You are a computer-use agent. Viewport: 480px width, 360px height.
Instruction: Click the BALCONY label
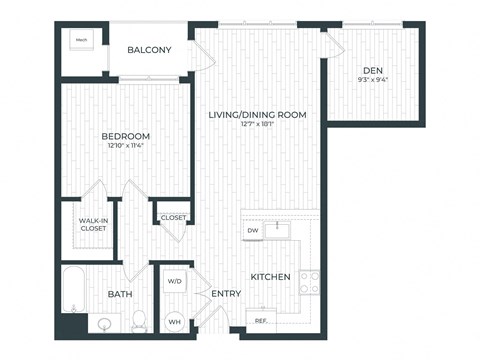pyautogui.click(x=149, y=50)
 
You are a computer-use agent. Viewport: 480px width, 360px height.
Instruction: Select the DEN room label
pyautogui.click(x=373, y=70)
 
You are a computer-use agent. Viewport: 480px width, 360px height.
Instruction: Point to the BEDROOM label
pyautogui.click(x=125, y=136)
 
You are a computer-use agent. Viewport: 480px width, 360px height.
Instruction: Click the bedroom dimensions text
pyautogui.click(x=125, y=147)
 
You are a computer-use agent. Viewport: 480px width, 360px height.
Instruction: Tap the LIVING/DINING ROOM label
pyautogui.click(x=256, y=115)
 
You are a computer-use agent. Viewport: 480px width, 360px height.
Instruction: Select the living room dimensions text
pyautogui.click(x=256, y=126)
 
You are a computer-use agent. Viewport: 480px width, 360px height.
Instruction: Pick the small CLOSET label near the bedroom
pyautogui.click(x=173, y=217)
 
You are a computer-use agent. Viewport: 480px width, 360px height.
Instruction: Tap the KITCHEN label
pyautogui.click(x=270, y=277)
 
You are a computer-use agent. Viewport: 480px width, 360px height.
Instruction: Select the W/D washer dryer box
pyautogui.click(x=173, y=282)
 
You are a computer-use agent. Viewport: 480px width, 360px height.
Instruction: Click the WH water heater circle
pyautogui.click(x=173, y=320)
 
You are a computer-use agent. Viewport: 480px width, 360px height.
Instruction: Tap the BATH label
pyautogui.click(x=119, y=294)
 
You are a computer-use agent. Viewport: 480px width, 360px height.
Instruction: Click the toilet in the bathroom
pyautogui.click(x=140, y=320)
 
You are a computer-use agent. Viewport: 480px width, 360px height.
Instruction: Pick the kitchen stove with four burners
pyautogui.click(x=309, y=282)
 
